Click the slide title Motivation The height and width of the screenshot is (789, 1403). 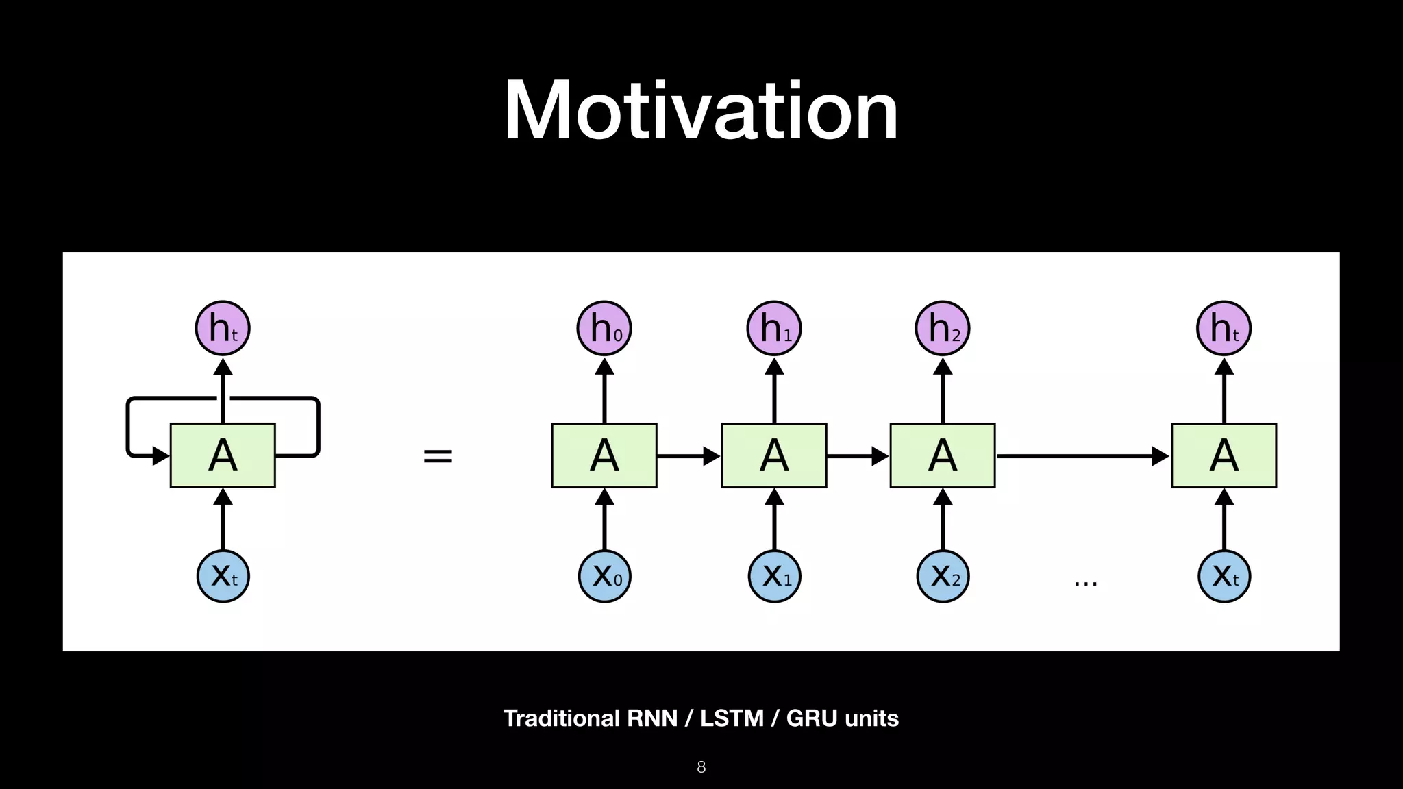pyautogui.click(x=701, y=111)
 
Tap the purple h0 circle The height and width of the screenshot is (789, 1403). pyautogui.click(x=604, y=328)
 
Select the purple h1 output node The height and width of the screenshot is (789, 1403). pyautogui.click(x=774, y=328)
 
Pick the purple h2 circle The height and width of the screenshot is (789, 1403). pyautogui.click(x=943, y=328)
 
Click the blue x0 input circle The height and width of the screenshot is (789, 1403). pyautogui.click(x=604, y=576)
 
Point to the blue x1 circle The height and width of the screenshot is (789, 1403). pyautogui.click(x=774, y=576)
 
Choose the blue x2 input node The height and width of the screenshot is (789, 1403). pyautogui.click(x=943, y=576)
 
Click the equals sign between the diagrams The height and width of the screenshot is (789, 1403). pyautogui.click(x=438, y=455)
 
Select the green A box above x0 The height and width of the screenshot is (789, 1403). pyautogui.click(x=604, y=455)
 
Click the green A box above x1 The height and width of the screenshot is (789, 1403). pyautogui.click(x=774, y=455)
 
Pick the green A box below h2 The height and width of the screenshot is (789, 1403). pyautogui.click(x=943, y=455)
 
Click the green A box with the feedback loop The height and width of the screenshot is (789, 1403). pyautogui.click(x=223, y=455)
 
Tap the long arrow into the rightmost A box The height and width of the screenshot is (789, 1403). pyautogui.click(x=1082, y=455)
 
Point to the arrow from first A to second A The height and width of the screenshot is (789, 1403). pyautogui.click(x=688, y=455)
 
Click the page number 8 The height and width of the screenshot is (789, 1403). pyautogui.click(x=701, y=767)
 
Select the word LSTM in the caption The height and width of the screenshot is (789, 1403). pyautogui.click(x=732, y=718)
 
